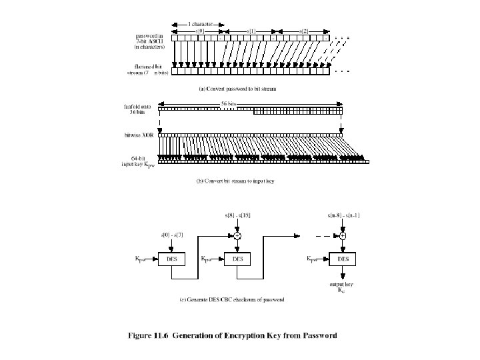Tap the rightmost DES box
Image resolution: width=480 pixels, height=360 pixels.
pos(342,258)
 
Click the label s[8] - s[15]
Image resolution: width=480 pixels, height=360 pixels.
pos(238,215)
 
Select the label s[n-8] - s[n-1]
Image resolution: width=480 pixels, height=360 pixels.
pos(342,215)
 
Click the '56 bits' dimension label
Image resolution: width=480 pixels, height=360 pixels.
pos(251,102)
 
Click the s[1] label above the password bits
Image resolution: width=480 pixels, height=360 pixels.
pos(251,31)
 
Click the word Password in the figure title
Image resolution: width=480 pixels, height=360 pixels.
pos(315,335)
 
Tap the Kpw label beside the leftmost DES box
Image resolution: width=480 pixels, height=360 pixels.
pos(140,258)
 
